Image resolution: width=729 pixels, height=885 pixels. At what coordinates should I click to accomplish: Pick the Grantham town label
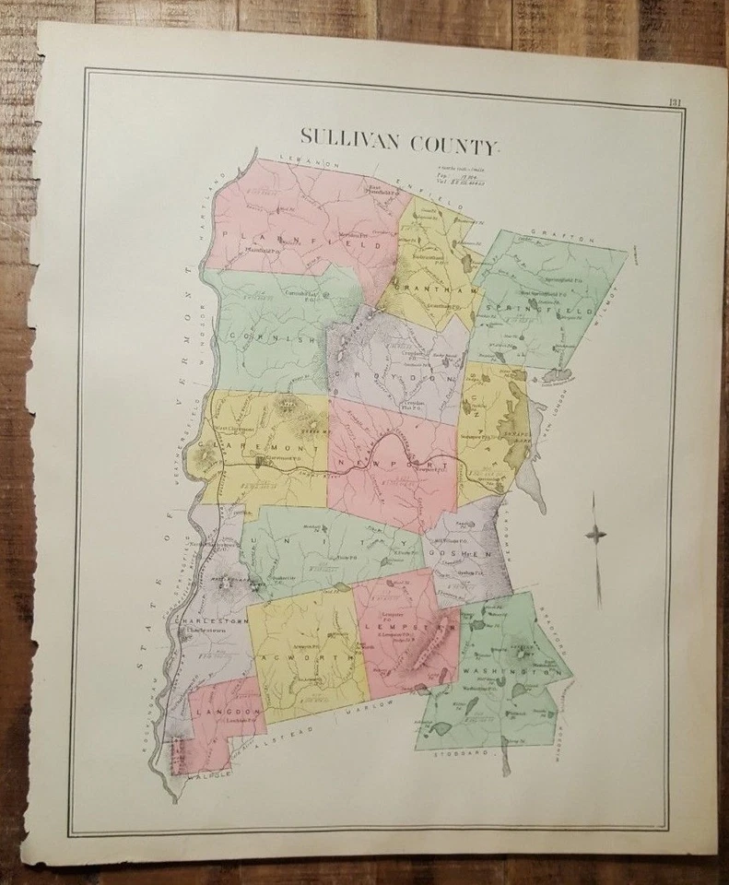click(x=423, y=289)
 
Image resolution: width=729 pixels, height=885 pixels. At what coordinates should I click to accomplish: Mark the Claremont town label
click(x=266, y=445)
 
